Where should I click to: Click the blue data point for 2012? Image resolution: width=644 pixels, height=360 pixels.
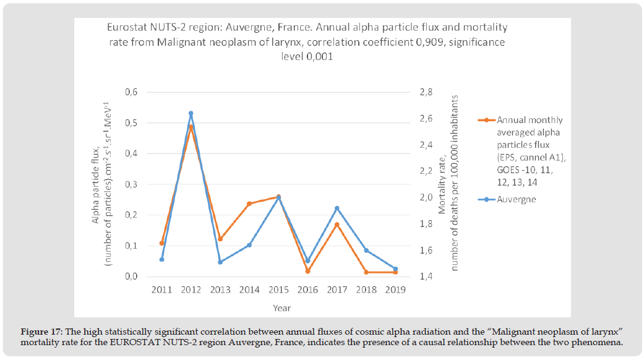(191, 113)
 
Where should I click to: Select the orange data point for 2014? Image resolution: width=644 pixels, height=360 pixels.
(249, 204)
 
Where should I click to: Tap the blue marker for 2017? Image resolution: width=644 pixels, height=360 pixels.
(337, 208)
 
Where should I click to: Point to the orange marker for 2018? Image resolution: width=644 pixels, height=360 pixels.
(366, 272)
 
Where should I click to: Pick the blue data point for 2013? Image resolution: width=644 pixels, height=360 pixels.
(220, 262)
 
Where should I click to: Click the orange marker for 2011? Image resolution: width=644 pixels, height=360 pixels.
(162, 243)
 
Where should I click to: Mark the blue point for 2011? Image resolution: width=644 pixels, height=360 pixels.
(162, 259)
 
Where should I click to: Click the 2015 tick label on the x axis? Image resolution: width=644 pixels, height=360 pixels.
(278, 290)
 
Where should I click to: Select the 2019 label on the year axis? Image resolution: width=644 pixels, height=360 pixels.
(395, 290)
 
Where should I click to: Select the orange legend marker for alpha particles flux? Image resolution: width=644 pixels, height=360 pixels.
(487, 120)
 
